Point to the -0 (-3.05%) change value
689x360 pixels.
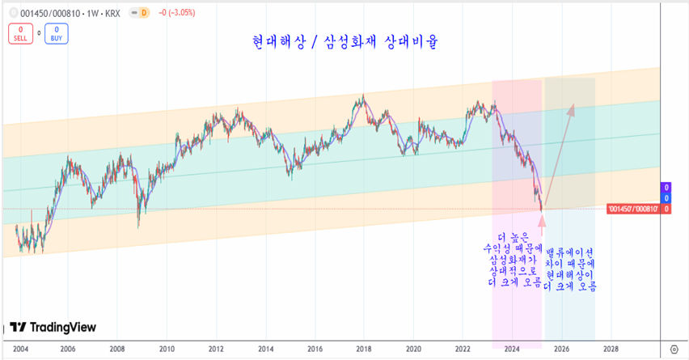click(181, 12)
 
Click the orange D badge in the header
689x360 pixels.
click(143, 12)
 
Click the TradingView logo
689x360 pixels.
click(53, 328)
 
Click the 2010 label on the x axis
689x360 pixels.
click(167, 349)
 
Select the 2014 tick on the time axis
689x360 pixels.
click(265, 349)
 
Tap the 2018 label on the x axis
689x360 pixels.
click(364, 349)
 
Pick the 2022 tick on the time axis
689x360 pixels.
click(463, 349)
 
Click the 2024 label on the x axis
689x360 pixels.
click(512, 349)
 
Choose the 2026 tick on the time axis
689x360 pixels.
click(561, 349)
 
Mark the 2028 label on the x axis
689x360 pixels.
click(611, 349)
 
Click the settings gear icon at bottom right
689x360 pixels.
click(674, 349)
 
